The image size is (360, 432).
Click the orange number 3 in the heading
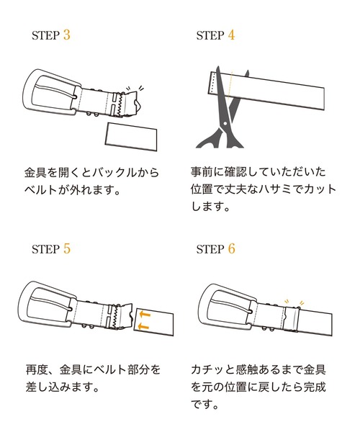coord(66,35)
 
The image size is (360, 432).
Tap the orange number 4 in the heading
coord(231,35)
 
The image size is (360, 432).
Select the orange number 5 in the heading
coord(66,249)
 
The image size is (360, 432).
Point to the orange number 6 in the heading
coord(231,249)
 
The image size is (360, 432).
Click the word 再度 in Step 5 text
coord(35,369)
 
